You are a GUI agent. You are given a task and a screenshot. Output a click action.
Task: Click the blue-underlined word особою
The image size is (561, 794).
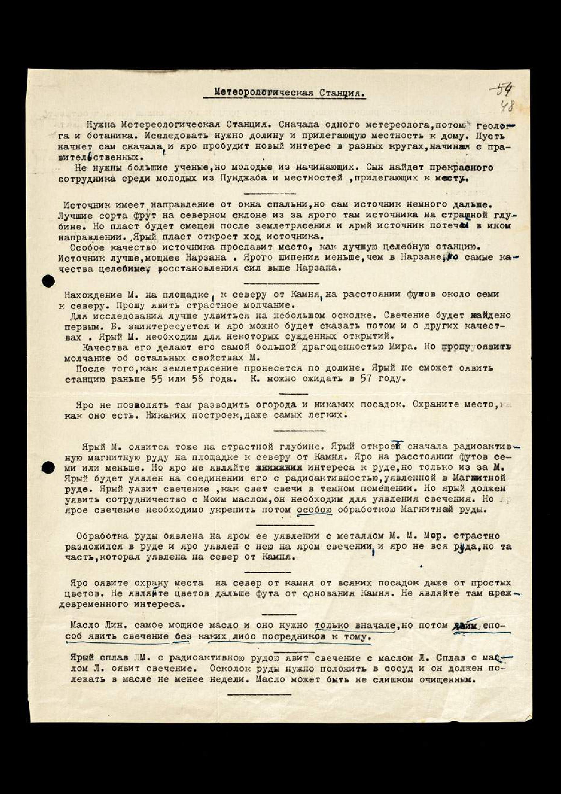pos(315,510)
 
